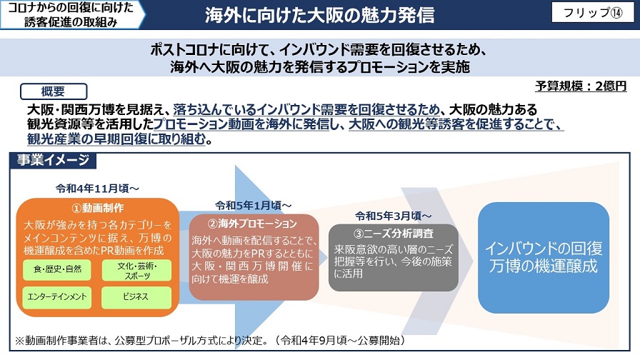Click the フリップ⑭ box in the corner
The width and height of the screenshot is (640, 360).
(x=593, y=13)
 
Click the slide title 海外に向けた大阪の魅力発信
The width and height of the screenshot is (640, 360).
(x=319, y=15)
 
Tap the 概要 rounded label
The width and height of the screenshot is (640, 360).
(x=54, y=91)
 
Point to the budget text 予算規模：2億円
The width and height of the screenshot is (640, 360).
(x=581, y=86)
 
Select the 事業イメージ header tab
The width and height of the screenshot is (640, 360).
(x=53, y=160)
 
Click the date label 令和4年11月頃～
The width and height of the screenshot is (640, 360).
(x=98, y=189)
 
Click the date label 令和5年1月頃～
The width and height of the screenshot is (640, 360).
(x=254, y=205)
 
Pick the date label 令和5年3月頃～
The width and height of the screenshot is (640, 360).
(x=393, y=216)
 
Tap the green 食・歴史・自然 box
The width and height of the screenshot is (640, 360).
(x=57, y=269)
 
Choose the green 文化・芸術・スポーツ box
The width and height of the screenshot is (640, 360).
(x=136, y=271)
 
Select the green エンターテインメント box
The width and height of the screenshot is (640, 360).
(x=57, y=297)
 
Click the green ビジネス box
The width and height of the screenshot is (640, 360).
(x=136, y=297)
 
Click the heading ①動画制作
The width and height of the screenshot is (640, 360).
(x=98, y=208)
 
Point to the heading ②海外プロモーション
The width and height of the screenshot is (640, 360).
(x=252, y=224)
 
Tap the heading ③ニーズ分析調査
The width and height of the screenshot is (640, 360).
(x=394, y=234)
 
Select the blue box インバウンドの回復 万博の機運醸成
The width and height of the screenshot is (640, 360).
(x=544, y=258)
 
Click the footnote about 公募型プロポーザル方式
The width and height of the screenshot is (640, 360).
(x=210, y=341)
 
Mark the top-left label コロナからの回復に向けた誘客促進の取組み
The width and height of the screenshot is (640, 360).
(x=71, y=15)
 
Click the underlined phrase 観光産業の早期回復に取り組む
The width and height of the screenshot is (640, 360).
(x=116, y=139)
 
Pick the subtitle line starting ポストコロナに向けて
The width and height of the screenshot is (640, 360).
(x=319, y=50)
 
